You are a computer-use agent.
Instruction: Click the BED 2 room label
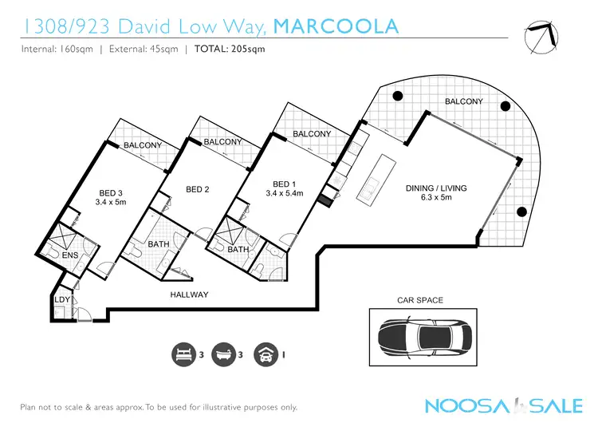click(197, 189)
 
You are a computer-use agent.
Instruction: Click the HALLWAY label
click(189, 295)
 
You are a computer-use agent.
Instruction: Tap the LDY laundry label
click(61, 299)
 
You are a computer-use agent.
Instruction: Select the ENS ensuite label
click(69, 255)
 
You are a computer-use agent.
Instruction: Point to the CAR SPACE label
click(420, 300)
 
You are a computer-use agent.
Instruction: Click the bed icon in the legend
click(183, 354)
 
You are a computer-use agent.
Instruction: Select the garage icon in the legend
click(264, 354)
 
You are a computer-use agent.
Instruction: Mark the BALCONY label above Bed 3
click(143, 145)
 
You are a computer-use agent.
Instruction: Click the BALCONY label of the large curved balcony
click(464, 101)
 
